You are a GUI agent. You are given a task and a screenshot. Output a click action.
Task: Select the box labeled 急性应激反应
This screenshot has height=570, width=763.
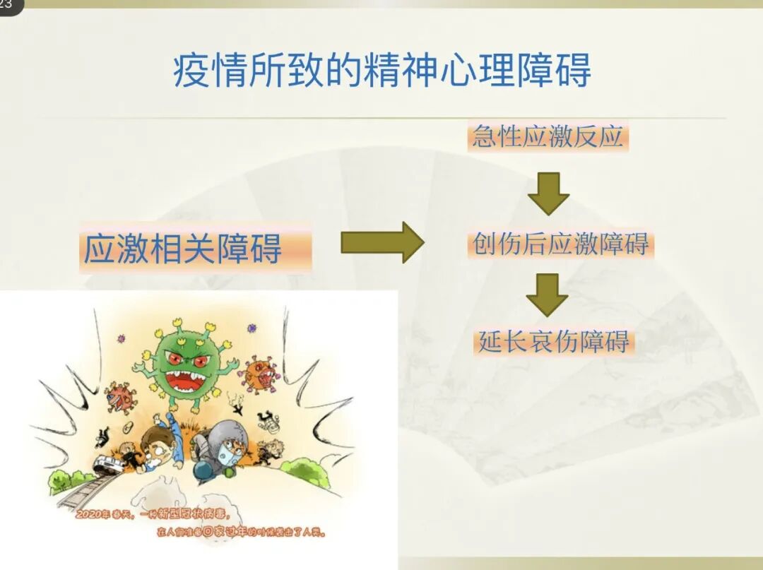[548, 136]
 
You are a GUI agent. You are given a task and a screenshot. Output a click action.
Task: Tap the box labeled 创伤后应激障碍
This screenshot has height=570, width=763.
[560, 244]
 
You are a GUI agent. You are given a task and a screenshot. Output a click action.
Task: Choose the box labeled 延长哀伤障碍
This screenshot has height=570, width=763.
[554, 342]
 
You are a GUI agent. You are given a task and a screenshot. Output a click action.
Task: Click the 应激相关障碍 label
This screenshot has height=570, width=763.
[183, 249]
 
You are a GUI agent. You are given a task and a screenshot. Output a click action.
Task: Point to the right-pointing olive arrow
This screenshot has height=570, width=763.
[382, 242]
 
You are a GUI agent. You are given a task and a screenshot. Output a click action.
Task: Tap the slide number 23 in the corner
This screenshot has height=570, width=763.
[8, 6]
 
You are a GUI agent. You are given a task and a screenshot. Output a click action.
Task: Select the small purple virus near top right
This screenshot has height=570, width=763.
[251, 328]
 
